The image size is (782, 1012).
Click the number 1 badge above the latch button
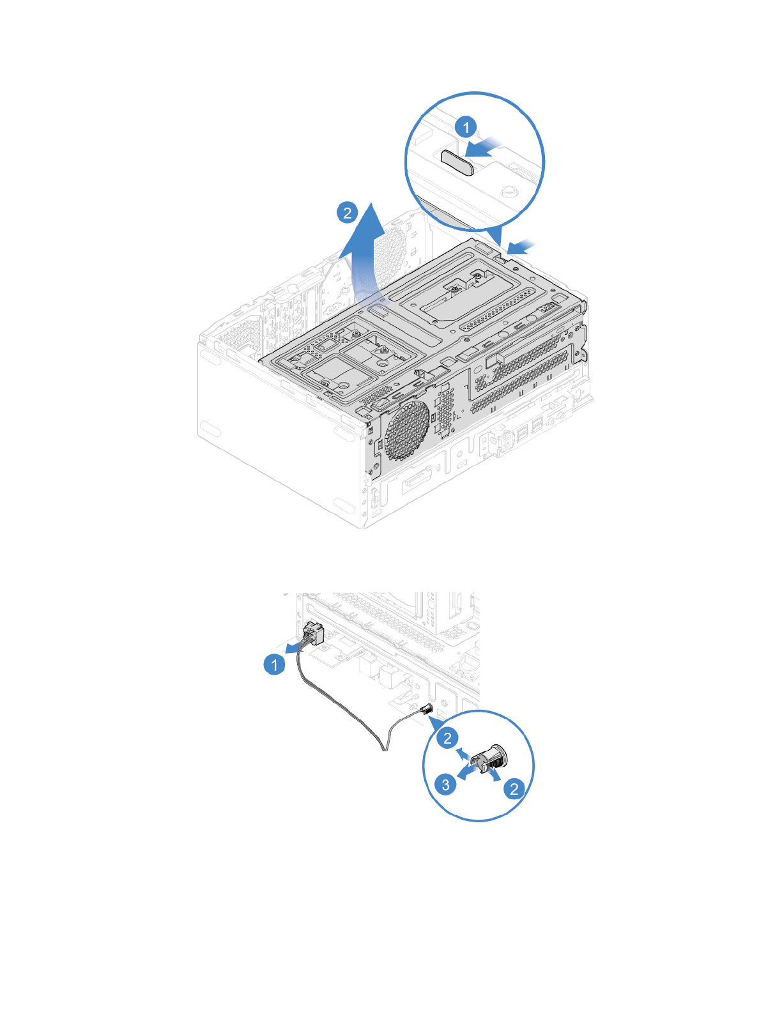[466, 127]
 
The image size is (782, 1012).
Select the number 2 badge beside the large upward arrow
[347, 212]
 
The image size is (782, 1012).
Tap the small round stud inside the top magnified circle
[509, 190]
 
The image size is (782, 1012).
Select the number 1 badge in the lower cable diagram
[275, 664]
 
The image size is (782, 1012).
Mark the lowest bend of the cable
[383, 747]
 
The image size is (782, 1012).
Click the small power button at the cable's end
[426, 709]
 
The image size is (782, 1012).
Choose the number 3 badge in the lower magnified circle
[445, 784]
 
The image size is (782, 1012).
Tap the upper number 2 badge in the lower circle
[447, 738]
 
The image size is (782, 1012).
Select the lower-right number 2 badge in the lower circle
[514, 788]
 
